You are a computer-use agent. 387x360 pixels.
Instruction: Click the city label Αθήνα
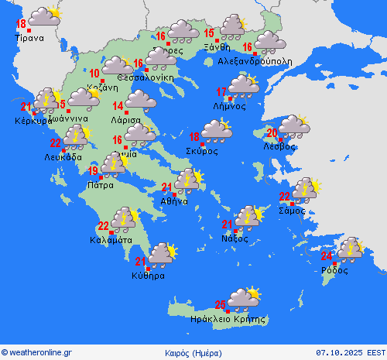tap(174, 201)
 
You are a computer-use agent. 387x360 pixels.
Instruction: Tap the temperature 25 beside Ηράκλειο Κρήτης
tap(221, 304)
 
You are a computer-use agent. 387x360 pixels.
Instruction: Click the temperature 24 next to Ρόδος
tap(327, 256)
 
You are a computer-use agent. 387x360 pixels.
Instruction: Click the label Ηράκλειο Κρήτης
tap(228, 319)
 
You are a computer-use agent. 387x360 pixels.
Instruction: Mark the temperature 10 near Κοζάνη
tap(94, 74)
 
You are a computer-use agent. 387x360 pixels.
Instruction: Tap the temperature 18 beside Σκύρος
tap(194, 137)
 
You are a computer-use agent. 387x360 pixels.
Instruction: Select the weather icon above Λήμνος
tap(243, 84)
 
